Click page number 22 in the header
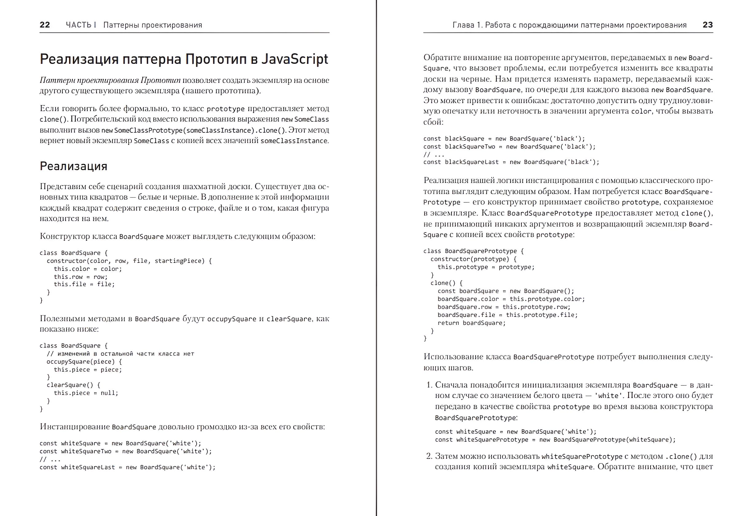[45, 25]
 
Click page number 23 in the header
[707, 25]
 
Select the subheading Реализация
[73, 166]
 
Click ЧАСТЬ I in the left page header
[81, 25]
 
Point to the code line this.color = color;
[88, 269]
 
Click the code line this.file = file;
[84, 284]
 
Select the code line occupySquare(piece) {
[84, 362]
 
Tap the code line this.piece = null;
[86, 393]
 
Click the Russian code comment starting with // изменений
[120, 354]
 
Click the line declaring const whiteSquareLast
[127, 467]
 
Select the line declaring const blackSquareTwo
[509, 147]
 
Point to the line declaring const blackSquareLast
[511, 162]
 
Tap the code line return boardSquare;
[471, 323]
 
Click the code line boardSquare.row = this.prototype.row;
[504, 307]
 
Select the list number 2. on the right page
[429, 456]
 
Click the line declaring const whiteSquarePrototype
[555, 440]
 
